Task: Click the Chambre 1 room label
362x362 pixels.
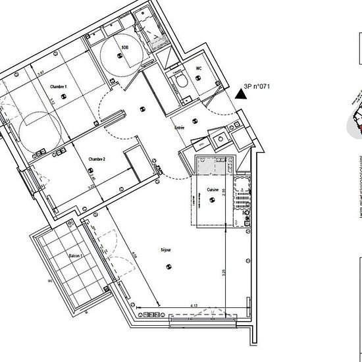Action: pos(59,87)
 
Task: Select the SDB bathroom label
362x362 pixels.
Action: pos(125,48)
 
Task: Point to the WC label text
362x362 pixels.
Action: pos(199,68)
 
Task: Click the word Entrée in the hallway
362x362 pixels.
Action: pos(178,127)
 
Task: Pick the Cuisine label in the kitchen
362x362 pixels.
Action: pos(212,190)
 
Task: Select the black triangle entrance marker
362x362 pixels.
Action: pos(242,93)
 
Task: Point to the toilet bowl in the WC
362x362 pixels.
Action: pos(182,80)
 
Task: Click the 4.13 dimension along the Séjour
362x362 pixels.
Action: pos(194,305)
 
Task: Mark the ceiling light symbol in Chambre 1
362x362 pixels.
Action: pos(64,97)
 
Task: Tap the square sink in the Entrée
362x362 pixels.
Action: pos(220,138)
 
